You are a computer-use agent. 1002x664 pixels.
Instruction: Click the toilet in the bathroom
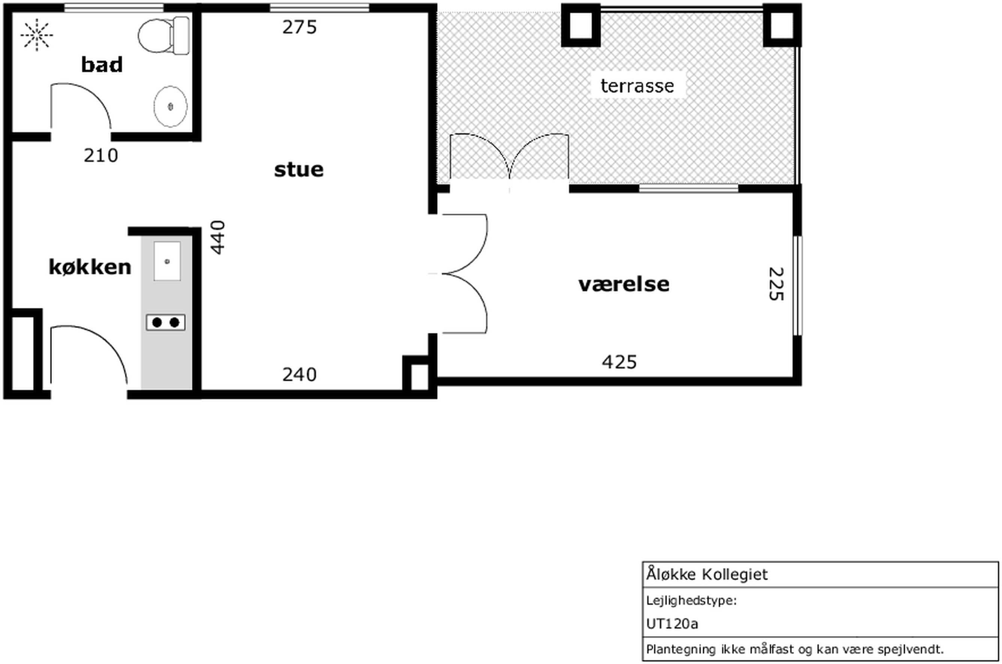pos(164,36)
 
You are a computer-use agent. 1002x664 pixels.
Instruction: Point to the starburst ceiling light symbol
pos(37,35)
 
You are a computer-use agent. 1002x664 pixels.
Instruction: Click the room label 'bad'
pos(102,65)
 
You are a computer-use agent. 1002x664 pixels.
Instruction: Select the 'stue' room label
pos(299,170)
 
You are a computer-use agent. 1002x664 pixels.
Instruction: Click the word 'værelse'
pos(624,284)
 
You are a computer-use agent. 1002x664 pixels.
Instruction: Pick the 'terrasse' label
pos(637,86)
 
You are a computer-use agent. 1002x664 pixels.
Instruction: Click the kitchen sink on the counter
pos(167,261)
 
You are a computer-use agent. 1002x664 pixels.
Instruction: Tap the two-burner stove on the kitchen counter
pos(166,323)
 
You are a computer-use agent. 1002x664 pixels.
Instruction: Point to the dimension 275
pos(299,27)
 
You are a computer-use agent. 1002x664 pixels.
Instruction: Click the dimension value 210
pos(101,156)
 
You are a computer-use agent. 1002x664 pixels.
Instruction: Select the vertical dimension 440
pos(218,238)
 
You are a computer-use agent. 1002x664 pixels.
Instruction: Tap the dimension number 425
pos(619,363)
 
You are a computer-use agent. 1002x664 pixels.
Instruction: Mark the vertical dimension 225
pos(776,284)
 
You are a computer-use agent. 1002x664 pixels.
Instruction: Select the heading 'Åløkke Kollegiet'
pos(707,574)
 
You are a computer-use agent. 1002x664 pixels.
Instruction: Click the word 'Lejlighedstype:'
pos(691,601)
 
